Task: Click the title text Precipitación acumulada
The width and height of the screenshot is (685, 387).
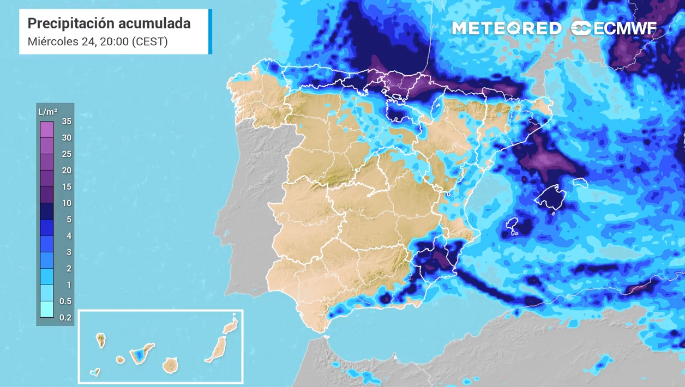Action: (109, 23)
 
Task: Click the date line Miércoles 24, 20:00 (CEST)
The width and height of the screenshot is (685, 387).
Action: (97, 41)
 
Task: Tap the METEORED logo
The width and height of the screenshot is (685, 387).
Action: (507, 28)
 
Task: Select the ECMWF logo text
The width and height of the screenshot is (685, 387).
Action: (615, 29)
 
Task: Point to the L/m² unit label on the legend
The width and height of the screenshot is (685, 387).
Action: (48, 112)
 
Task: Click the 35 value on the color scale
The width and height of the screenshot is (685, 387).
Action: (67, 122)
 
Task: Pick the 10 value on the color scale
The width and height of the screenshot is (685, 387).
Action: (67, 203)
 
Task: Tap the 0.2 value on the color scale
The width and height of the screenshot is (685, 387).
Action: (65, 317)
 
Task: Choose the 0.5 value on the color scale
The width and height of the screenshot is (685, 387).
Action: (65, 301)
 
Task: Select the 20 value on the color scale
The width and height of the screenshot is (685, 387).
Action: (67, 171)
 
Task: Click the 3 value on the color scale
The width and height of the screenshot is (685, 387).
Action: (69, 252)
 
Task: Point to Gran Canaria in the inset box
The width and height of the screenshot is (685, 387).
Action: (170, 365)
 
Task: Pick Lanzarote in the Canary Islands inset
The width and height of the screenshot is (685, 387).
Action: (231, 326)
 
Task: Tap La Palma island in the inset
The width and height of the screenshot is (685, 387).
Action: (101, 340)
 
